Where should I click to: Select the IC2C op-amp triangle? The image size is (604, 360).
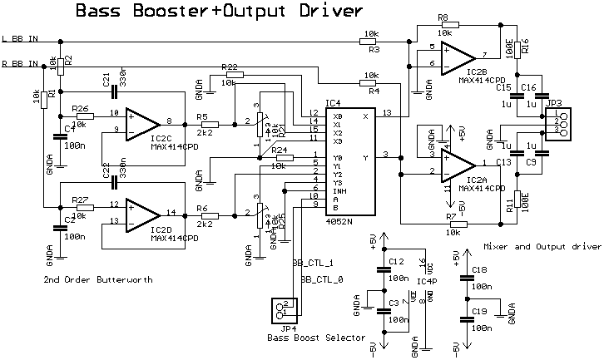pyautogui.click(x=140, y=122)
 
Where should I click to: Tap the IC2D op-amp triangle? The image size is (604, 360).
pyautogui.click(x=140, y=214)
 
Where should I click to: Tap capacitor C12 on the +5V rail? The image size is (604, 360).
pyautogui.click(x=384, y=268)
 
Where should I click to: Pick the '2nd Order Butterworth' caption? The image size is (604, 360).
pyautogui.click(x=99, y=280)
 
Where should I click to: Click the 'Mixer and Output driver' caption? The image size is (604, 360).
pyautogui.click(x=541, y=246)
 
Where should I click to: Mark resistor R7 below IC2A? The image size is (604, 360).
pyautogui.click(x=452, y=224)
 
